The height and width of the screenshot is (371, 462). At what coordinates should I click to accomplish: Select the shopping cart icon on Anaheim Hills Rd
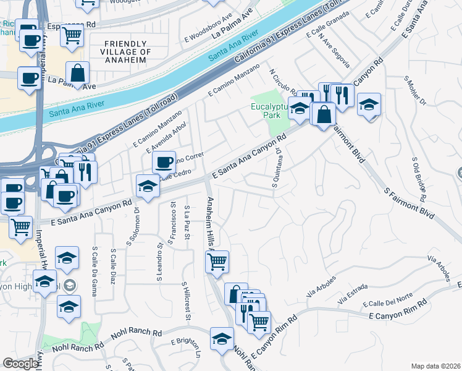217,262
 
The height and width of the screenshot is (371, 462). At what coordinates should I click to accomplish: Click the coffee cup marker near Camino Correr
164,163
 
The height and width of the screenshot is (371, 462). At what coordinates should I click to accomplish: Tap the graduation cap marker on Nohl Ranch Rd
222,339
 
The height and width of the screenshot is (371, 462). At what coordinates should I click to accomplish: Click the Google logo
20,364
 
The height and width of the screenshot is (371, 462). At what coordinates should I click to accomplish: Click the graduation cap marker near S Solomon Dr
148,187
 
